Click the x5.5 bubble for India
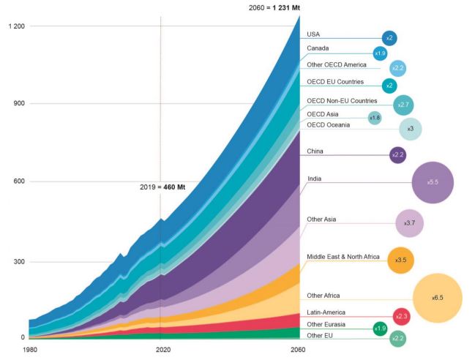click(x=433, y=182)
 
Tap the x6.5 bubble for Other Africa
click(x=437, y=299)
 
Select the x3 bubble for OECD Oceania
click(x=410, y=129)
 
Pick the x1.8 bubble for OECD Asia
click(x=375, y=118)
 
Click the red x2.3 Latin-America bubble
click(x=401, y=316)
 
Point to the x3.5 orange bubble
click(x=400, y=260)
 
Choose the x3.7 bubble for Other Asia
click(x=409, y=222)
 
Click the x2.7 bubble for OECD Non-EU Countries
click(x=403, y=105)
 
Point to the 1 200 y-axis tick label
click(x=16, y=26)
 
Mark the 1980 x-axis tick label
click(x=31, y=350)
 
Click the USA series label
click(x=314, y=34)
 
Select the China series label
click(x=316, y=151)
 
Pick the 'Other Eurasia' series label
click(x=326, y=324)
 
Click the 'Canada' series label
click(x=318, y=48)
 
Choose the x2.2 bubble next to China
click(x=398, y=155)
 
